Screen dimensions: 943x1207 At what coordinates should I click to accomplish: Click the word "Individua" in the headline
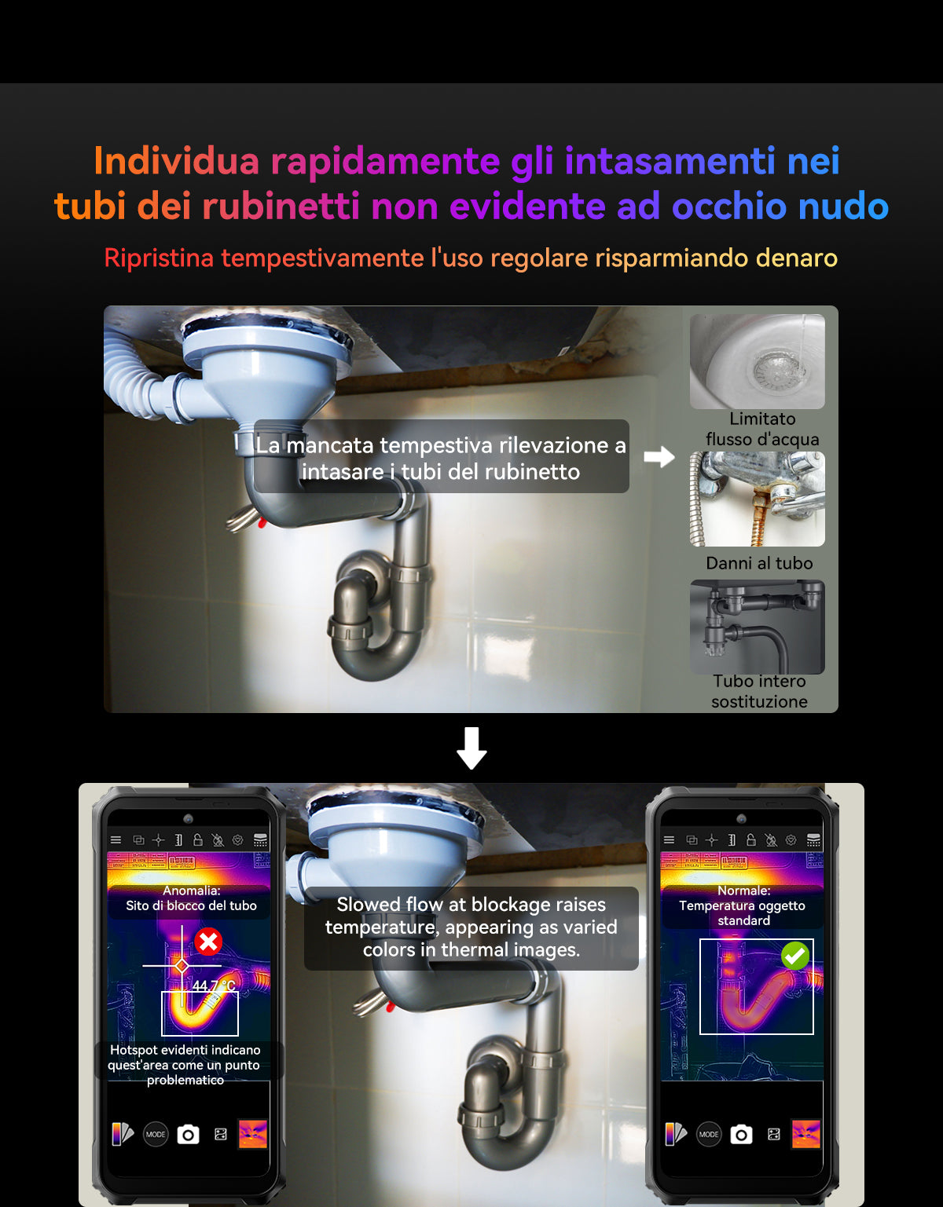click(x=176, y=160)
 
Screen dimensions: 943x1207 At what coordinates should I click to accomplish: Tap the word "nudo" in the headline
click(x=843, y=206)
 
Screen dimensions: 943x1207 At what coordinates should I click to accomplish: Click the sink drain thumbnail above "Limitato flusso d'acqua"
click(x=757, y=361)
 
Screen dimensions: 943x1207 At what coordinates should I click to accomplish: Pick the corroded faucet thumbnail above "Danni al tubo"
click(x=757, y=498)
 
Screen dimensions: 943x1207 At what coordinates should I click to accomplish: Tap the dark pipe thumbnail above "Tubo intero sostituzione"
click(x=757, y=627)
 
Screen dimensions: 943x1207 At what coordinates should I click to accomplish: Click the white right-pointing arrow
click(x=659, y=456)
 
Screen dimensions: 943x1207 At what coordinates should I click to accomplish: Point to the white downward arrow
click(x=472, y=748)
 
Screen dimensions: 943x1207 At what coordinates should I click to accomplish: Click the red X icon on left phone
click(x=208, y=941)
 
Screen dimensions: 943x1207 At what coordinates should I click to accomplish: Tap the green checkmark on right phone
click(x=795, y=956)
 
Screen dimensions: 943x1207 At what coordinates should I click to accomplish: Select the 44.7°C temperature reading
click(x=214, y=986)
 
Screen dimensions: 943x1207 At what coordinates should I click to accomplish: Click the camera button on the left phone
click(x=188, y=1134)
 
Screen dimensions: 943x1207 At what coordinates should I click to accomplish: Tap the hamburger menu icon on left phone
click(x=116, y=839)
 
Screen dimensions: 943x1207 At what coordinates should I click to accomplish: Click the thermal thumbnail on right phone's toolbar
click(x=805, y=1134)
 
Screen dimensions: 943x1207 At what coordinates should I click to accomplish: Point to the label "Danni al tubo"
click(x=759, y=563)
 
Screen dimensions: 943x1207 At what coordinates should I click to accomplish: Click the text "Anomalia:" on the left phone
click(x=192, y=890)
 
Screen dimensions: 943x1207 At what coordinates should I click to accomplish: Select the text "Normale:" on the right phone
click(x=743, y=890)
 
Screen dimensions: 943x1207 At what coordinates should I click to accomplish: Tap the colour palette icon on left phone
click(x=123, y=1134)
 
